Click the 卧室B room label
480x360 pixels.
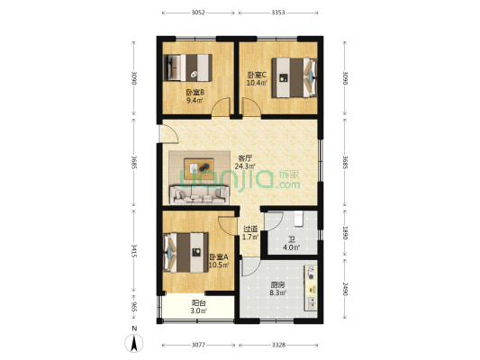tap(195, 92)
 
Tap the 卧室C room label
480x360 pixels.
tap(256, 76)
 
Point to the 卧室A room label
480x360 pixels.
tap(217, 256)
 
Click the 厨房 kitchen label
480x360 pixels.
tap(278, 285)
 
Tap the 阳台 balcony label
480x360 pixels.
tap(199, 303)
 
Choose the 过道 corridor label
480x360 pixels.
tap(250, 229)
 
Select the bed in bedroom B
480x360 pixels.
tap(186, 68)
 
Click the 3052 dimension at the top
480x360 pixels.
tap(199, 13)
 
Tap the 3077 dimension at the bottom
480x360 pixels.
tap(199, 345)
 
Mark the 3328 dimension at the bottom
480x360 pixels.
tap(277, 345)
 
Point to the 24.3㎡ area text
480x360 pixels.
tap(245, 166)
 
